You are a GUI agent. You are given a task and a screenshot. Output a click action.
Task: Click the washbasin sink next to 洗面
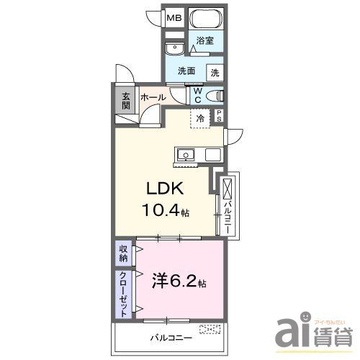pos(173,49)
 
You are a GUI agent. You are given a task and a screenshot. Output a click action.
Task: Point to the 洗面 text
pos(188,71)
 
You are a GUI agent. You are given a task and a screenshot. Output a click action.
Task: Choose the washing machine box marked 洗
pos(215,72)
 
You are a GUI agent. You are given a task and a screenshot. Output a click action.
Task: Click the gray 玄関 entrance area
pos(125,100)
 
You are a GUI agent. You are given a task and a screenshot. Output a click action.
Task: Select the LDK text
pos(167,189)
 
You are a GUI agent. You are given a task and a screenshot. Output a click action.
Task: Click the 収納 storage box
pos(124,253)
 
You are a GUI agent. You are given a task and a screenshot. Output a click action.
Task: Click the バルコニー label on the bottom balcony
pos(171,336)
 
